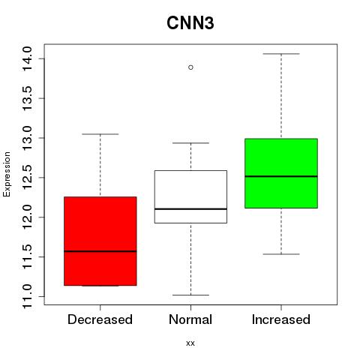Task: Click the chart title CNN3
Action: coord(190,23)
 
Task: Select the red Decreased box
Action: coord(100,241)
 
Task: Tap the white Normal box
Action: coord(190,196)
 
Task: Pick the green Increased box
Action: coord(281,173)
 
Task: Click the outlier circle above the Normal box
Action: coord(190,67)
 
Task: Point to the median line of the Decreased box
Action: coord(100,251)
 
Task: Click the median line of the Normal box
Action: coord(190,208)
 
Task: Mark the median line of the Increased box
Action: coord(281,176)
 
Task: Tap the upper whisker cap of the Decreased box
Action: coord(100,134)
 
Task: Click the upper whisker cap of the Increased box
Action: coord(281,54)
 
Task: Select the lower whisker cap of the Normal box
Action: coord(190,295)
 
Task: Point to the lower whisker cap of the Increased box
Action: coord(281,254)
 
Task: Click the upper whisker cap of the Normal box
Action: coord(190,143)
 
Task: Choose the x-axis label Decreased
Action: coord(100,319)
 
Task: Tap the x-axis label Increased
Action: coord(281,319)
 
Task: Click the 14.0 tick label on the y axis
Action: coord(27,59)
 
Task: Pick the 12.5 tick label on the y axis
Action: coord(27,178)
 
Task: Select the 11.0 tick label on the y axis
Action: coord(27,296)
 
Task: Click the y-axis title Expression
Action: coord(7,174)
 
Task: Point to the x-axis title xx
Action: coord(190,343)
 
